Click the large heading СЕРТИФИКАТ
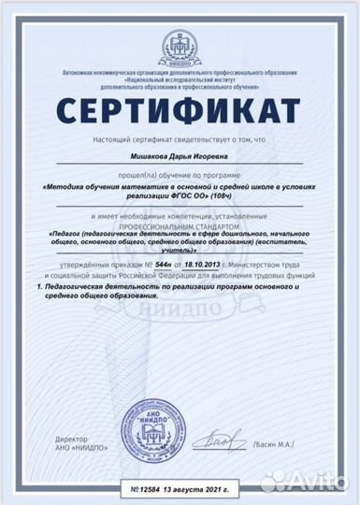point(180,110)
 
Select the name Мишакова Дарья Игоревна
point(179,162)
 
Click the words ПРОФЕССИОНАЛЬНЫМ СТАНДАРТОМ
point(180,224)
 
